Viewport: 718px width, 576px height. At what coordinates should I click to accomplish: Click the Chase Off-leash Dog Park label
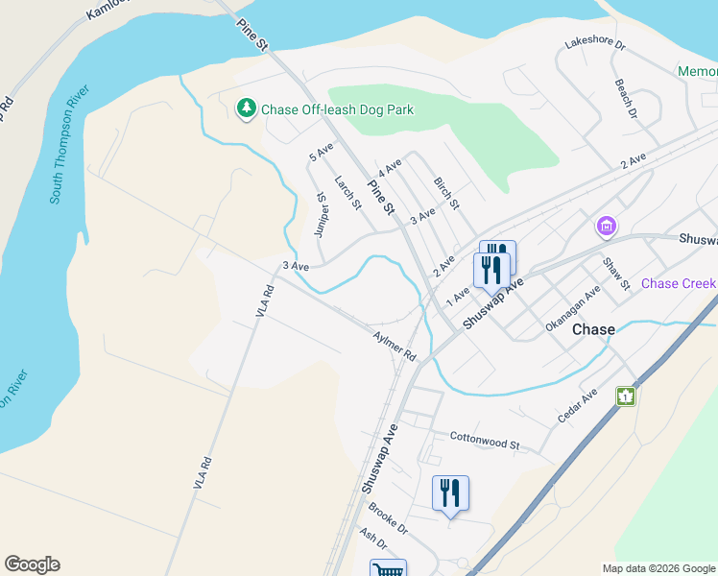point(338,109)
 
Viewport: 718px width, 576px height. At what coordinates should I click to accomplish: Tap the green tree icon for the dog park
point(247,108)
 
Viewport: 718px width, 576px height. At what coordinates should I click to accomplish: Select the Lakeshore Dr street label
point(595,44)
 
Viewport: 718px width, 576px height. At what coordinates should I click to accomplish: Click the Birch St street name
point(446,193)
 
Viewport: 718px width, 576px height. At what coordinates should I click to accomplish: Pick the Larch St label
point(347,192)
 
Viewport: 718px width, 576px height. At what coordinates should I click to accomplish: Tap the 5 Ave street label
point(321,152)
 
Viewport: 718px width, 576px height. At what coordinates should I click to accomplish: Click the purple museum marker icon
point(606,227)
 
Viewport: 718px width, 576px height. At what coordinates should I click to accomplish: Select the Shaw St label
point(615,273)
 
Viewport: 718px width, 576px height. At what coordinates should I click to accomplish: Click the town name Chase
point(593,329)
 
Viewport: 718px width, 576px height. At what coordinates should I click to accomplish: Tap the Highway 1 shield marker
point(627,395)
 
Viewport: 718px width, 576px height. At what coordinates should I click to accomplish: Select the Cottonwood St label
point(484,441)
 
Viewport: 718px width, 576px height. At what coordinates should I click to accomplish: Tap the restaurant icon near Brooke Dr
point(450,493)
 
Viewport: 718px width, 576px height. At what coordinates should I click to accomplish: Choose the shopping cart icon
point(388,568)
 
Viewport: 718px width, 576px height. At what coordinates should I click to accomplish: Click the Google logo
point(32,564)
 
